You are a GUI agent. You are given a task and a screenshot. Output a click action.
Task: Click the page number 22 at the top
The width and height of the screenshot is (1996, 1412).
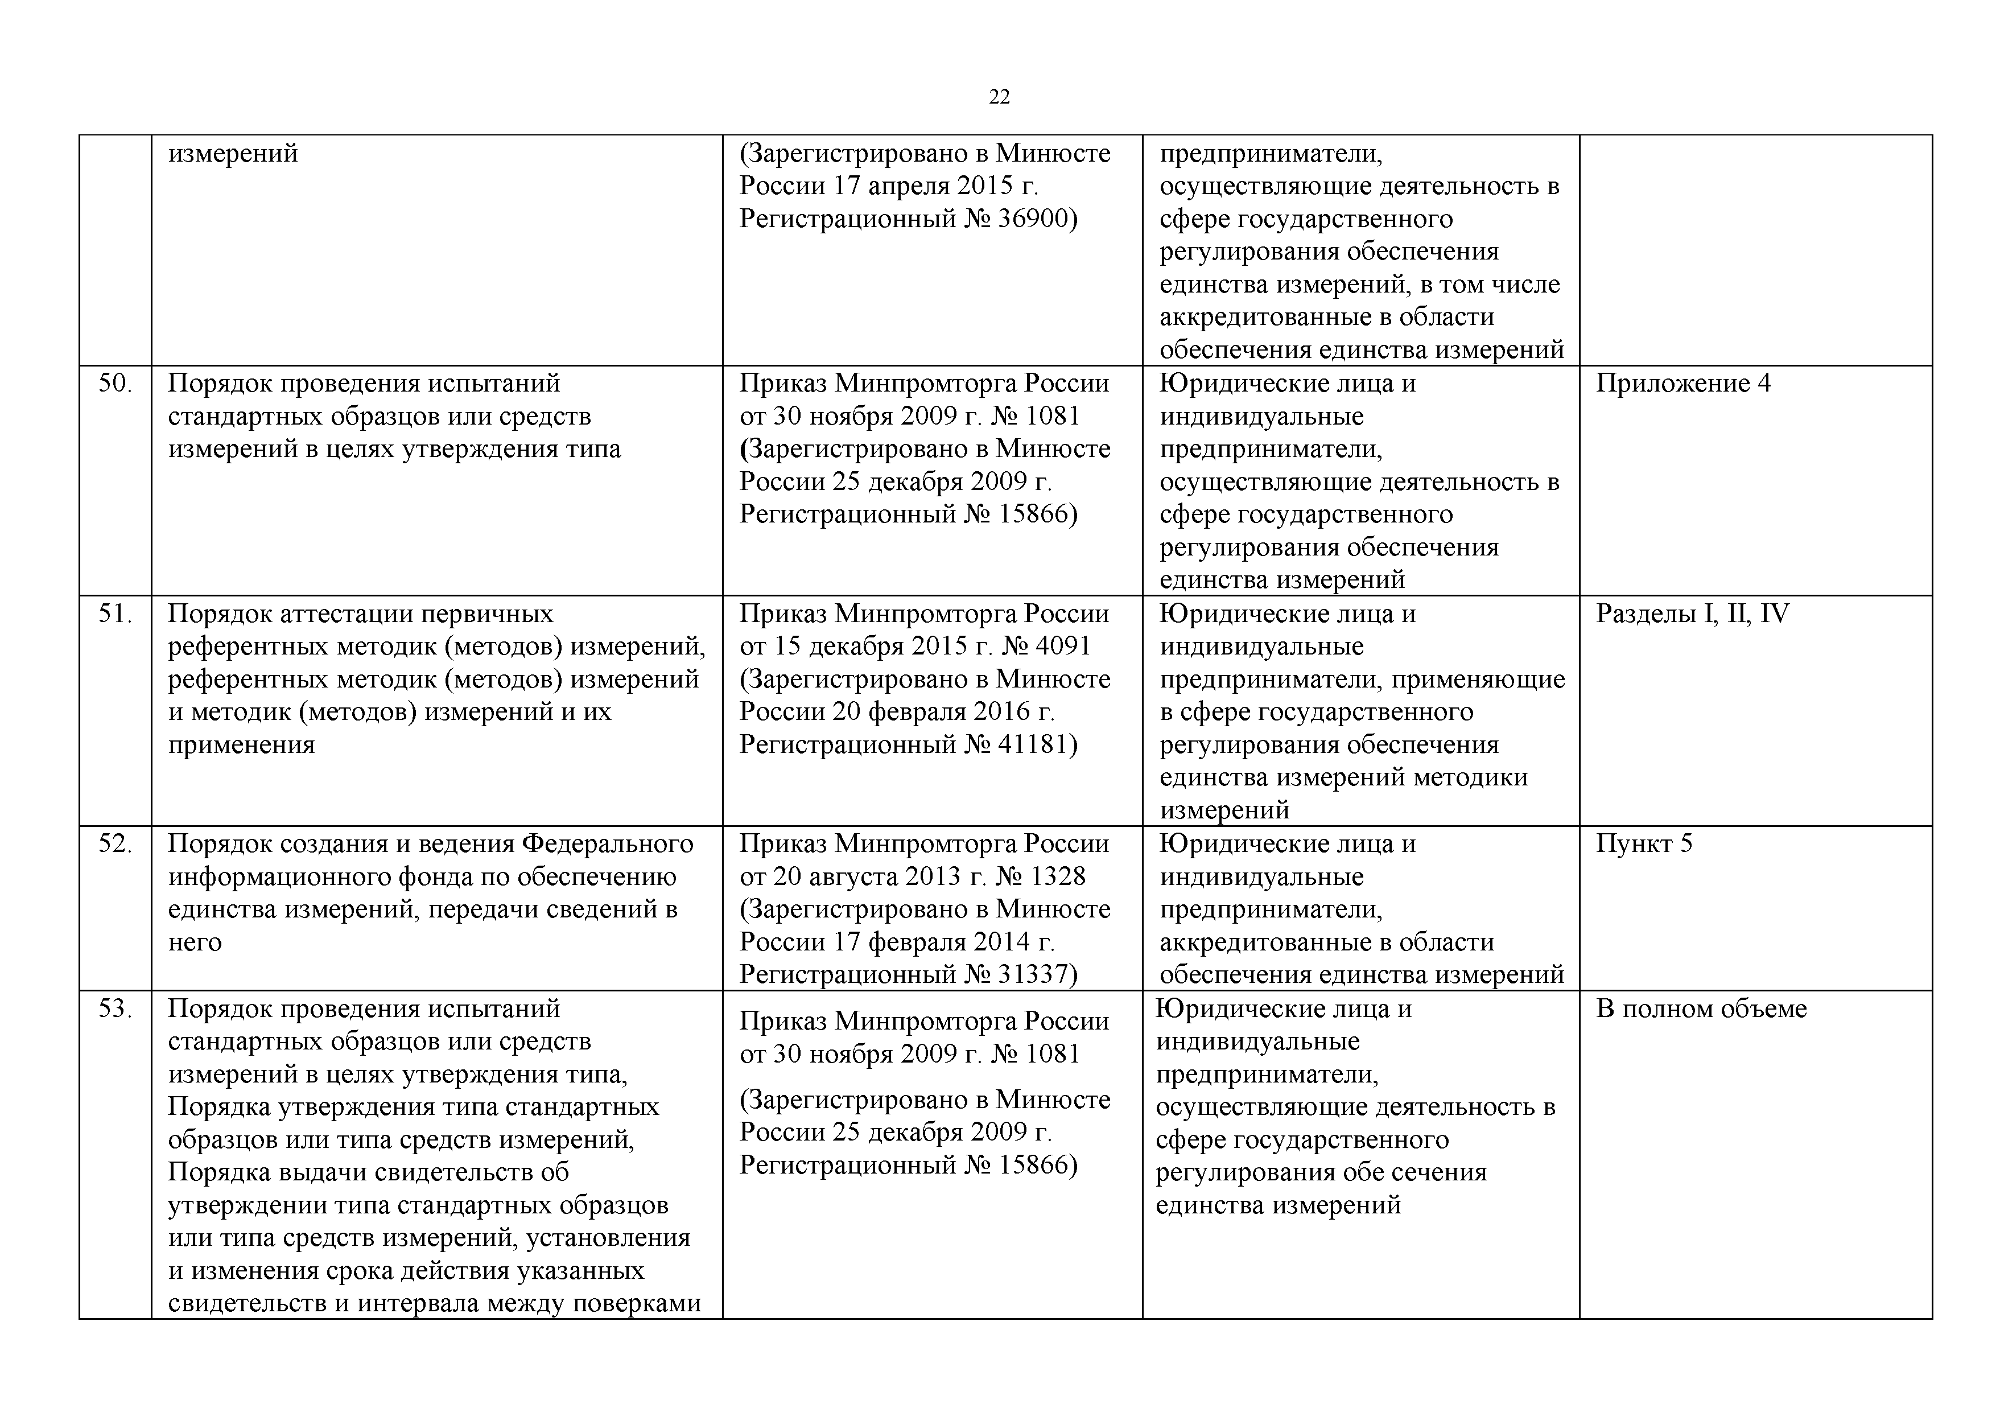(x=999, y=97)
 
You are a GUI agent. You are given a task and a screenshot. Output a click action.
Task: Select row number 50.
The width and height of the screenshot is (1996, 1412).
(x=115, y=384)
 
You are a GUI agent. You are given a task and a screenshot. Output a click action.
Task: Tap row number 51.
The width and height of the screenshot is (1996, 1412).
(x=115, y=614)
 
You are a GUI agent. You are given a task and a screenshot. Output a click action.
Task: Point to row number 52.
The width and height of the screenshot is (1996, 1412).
(x=115, y=843)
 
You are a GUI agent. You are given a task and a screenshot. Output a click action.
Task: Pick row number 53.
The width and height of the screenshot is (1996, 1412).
(x=115, y=1008)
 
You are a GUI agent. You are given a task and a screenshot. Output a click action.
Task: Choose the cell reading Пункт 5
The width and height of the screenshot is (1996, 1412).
(x=1643, y=843)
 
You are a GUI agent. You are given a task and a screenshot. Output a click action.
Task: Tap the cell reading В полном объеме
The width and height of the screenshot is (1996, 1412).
(x=1701, y=1008)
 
